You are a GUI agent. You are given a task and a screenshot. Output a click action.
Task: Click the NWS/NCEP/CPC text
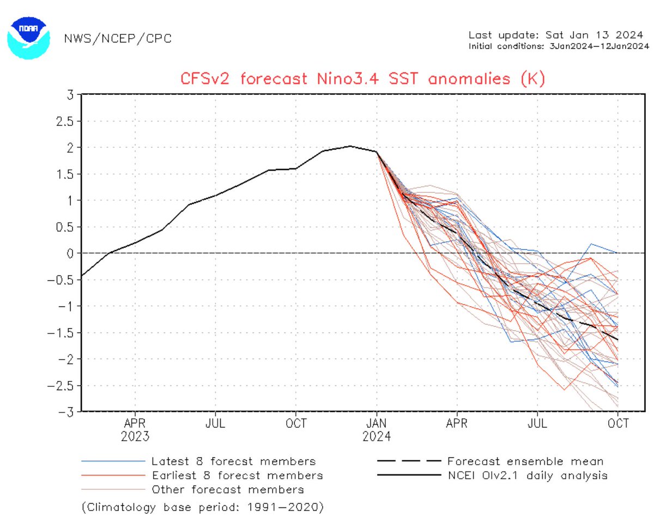click(x=118, y=38)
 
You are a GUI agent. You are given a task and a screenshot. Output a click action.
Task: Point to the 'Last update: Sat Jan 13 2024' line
click(x=559, y=35)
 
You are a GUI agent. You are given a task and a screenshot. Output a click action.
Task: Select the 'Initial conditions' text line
click(x=559, y=46)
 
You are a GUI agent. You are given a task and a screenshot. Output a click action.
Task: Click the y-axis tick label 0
click(x=71, y=253)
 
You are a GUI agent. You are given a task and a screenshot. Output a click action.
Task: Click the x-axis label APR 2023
click(x=135, y=429)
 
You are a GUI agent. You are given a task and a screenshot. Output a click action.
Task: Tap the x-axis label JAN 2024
click(x=377, y=429)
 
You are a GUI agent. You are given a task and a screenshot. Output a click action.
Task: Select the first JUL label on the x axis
click(x=216, y=423)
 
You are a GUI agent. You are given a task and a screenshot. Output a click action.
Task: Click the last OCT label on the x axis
click(x=617, y=423)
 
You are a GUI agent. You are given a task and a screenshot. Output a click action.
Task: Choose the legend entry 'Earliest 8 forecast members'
click(x=238, y=475)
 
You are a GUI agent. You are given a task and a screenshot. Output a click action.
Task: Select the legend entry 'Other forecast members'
click(x=228, y=489)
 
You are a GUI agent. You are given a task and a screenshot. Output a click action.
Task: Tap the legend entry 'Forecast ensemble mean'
click(x=525, y=461)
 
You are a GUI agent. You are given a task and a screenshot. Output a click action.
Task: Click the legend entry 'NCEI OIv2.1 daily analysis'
click(x=527, y=475)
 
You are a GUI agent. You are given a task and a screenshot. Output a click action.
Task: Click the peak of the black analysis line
click(x=350, y=146)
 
